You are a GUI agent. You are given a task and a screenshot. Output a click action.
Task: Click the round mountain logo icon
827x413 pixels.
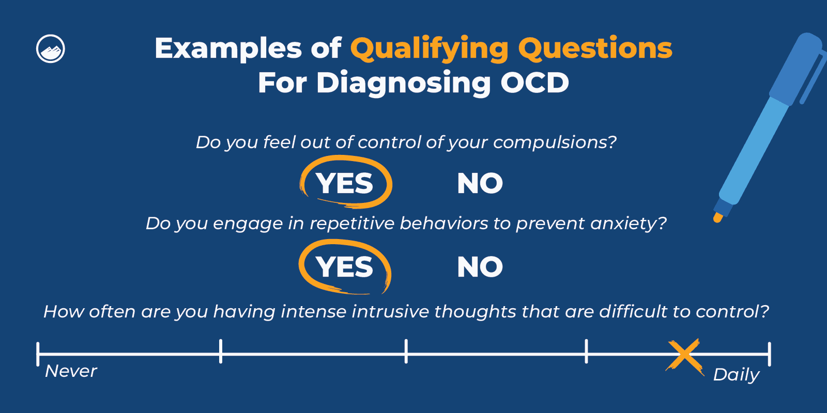(51, 49)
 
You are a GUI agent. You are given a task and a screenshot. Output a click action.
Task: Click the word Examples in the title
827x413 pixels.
(228, 49)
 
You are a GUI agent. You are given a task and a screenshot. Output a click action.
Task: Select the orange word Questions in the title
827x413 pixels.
(595, 49)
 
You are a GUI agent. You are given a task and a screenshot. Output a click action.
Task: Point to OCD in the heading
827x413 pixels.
(534, 83)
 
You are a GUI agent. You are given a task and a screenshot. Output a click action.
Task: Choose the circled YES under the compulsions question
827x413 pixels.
(345, 183)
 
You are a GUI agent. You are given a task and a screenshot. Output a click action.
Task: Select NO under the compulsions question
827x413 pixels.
(480, 183)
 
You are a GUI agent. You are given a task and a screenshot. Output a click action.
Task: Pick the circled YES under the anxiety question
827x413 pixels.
(345, 267)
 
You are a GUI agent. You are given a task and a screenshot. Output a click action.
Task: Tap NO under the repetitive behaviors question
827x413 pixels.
(480, 267)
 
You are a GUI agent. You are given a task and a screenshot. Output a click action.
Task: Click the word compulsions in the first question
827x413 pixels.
(554, 142)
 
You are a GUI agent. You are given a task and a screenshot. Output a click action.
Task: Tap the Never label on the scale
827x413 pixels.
(71, 371)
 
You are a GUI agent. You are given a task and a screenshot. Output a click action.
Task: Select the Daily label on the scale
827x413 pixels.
(736, 374)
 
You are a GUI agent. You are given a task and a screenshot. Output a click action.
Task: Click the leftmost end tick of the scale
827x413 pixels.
(38, 354)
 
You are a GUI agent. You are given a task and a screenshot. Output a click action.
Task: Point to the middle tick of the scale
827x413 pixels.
(406, 351)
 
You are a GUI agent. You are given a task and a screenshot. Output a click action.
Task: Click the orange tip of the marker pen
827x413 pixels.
(717, 217)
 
